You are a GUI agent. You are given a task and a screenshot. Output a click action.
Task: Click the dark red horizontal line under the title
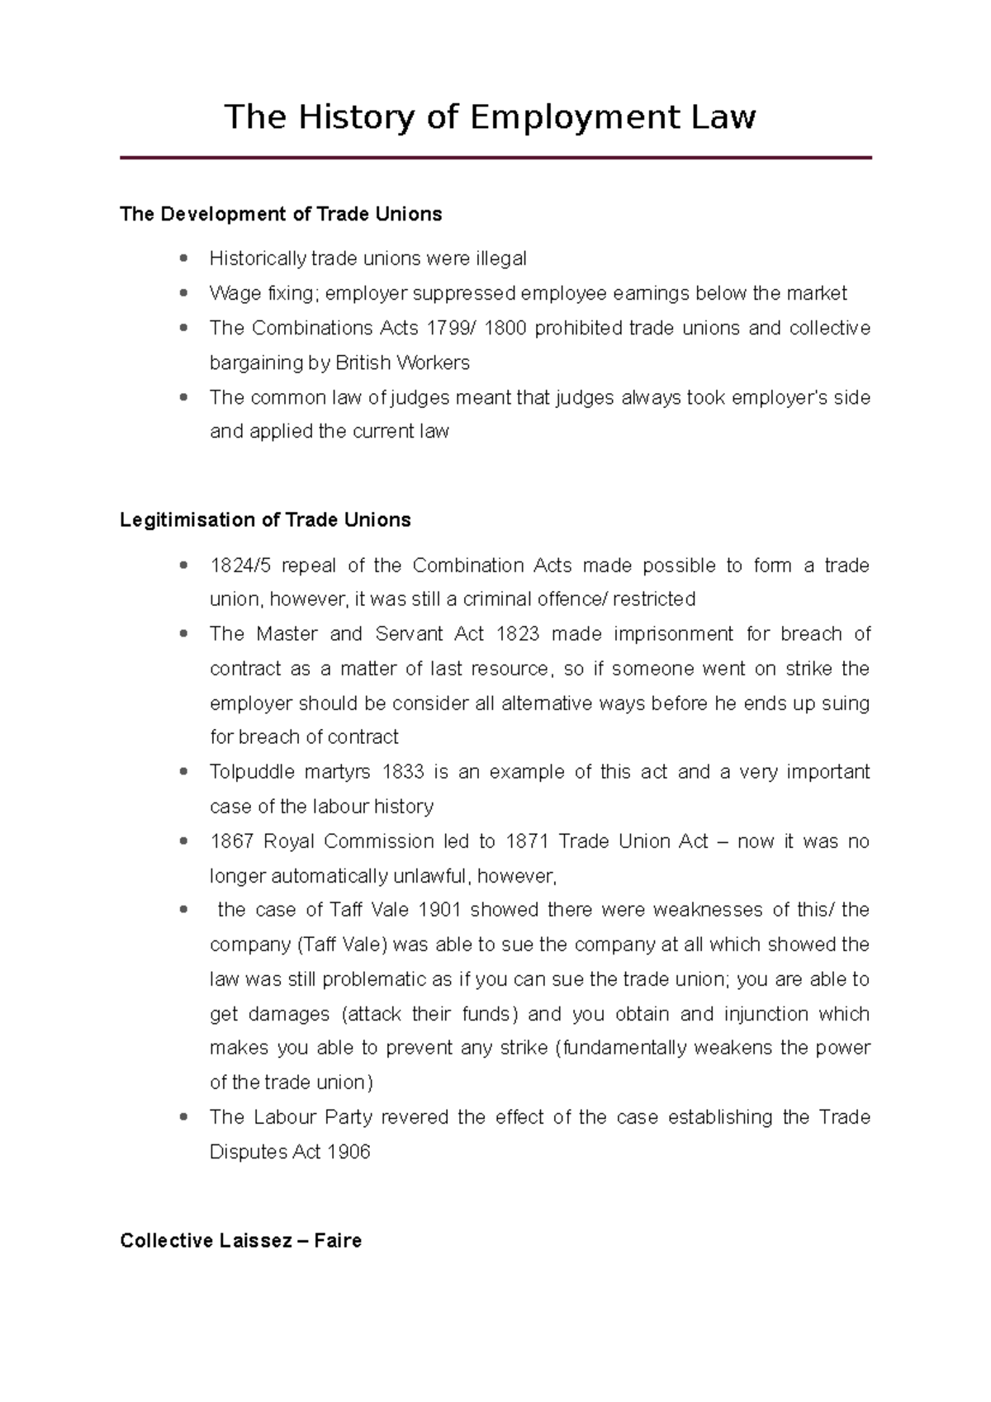(495, 158)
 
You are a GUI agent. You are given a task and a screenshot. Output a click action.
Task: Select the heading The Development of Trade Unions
(281, 215)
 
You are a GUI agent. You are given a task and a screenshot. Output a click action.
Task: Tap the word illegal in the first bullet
(500, 259)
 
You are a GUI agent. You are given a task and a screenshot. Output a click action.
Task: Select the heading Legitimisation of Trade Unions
(265, 520)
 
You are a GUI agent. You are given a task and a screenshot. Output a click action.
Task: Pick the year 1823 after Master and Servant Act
(518, 634)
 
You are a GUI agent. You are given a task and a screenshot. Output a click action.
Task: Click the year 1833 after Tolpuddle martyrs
(403, 773)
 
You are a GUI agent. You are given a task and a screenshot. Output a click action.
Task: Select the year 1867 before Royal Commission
(232, 842)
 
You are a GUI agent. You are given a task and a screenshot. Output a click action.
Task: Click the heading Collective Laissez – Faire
(240, 1241)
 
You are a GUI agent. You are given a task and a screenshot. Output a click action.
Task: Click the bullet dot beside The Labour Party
(183, 1118)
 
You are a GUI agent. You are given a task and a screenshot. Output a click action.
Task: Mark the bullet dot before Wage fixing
(183, 294)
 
